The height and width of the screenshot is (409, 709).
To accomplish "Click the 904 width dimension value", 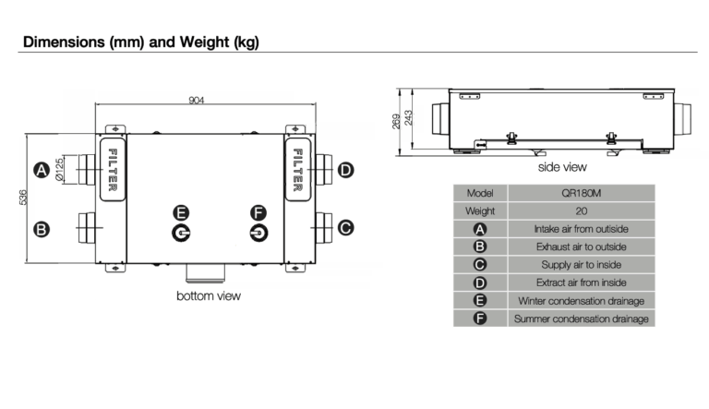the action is [x=197, y=100].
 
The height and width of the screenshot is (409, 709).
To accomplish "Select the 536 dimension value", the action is [x=22, y=198].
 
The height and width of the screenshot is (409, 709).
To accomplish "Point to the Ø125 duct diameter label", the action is [x=59, y=170].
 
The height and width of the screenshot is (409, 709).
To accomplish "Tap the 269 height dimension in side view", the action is [x=396, y=121].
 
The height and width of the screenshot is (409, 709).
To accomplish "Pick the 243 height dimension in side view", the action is [x=408, y=118].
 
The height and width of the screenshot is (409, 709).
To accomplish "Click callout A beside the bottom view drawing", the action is [x=42, y=170].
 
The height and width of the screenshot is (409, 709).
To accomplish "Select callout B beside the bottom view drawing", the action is [x=42, y=229].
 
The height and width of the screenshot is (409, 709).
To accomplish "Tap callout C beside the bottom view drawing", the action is [x=346, y=227].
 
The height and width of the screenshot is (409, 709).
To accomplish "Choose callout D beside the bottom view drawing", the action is [x=346, y=170].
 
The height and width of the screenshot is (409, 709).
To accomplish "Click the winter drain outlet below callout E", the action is [x=181, y=233].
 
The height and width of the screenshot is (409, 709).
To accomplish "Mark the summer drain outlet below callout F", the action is [x=258, y=233].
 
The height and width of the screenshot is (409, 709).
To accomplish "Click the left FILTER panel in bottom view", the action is [x=113, y=170].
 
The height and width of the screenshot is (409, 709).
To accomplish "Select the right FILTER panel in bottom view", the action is [x=297, y=170].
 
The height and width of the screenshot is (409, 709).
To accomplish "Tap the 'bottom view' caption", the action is [x=209, y=295].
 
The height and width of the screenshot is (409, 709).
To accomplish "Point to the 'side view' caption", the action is [x=562, y=167].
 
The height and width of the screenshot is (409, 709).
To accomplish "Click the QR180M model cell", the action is [x=582, y=193].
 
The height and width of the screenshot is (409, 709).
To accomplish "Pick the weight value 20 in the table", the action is [x=582, y=211].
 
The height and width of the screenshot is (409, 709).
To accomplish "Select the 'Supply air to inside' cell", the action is [x=582, y=265].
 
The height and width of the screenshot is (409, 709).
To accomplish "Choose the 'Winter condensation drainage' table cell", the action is [x=582, y=301].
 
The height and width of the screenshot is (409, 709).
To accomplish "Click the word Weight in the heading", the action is [x=204, y=42].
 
